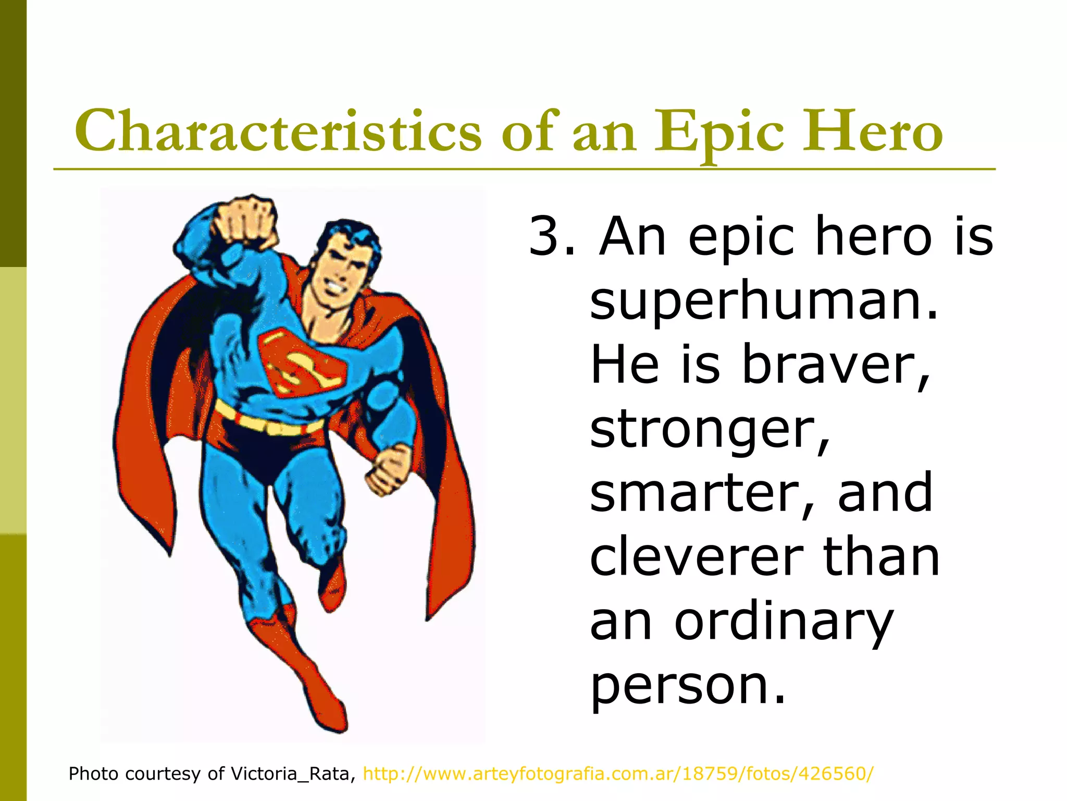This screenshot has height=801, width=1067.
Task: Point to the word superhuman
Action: [x=764, y=300]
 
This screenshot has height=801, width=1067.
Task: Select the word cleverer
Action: [x=696, y=557]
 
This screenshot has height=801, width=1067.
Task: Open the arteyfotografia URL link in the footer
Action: [x=618, y=773]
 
